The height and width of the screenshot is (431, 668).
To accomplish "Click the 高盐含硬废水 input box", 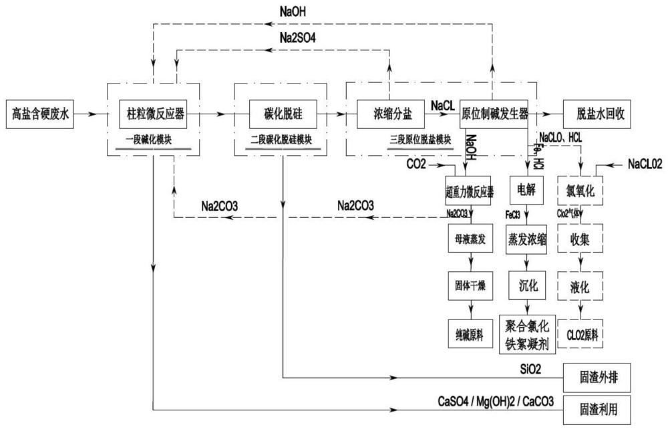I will [40, 114].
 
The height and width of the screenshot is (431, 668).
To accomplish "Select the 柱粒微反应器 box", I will [153, 114].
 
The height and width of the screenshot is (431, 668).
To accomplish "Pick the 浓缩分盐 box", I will [389, 114].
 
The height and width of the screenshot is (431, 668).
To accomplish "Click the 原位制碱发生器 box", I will [495, 114].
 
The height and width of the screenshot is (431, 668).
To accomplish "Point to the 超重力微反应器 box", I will [469, 191].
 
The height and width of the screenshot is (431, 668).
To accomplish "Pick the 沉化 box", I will [527, 285].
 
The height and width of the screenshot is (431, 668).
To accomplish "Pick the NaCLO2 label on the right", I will [645, 164].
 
